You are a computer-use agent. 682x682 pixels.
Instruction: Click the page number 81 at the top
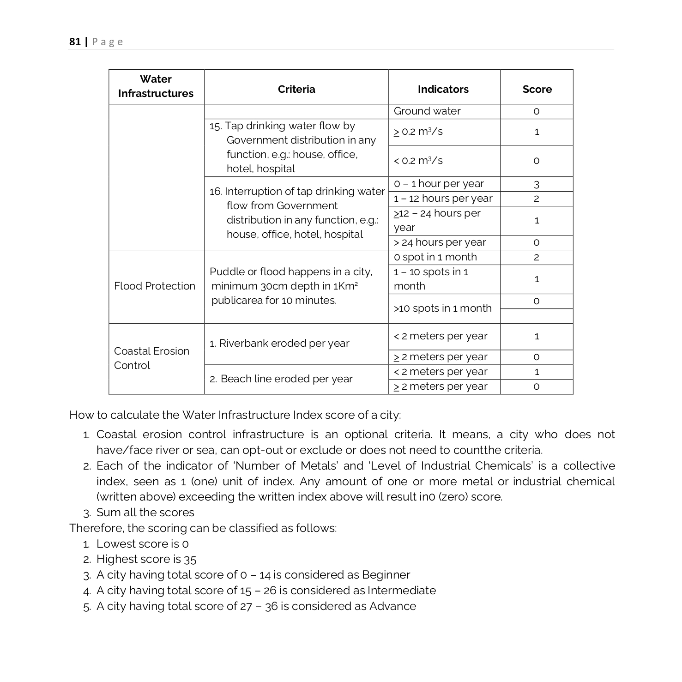pyautogui.click(x=75, y=42)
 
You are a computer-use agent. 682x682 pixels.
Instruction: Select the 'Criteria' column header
pyautogui.click(x=296, y=89)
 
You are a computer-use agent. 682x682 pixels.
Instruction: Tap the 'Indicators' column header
pyautogui.click(x=443, y=89)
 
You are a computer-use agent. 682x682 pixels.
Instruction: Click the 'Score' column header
pyautogui.click(x=537, y=89)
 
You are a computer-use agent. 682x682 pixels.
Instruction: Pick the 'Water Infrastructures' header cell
pyautogui.click(x=156, y=86)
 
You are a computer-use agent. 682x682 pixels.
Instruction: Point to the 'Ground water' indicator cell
pyautogui.click(x=427, y=111)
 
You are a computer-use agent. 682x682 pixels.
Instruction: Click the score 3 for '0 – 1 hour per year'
pyautogui.click(x=537, y=184)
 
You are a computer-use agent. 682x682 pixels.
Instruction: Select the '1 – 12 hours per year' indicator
pyautogui.click(x=443, y=199)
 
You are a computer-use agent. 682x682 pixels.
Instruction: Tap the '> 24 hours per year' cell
pyautogui.click(x=440, y=242)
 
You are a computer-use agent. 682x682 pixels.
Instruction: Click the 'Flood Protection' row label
pyautogui.click(x=155, y=286)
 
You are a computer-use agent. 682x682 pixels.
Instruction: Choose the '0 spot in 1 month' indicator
pyautogui.click(x=435, y=257)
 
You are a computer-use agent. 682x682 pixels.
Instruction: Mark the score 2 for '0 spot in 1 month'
pyautogui.click(x=537, y=257)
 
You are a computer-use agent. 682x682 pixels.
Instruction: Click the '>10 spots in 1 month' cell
pyautogui.click(x=442, y=308)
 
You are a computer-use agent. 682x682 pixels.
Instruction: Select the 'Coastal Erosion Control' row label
pyautogui.click(x=151, y=358)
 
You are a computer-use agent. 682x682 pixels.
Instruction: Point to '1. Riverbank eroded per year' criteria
pyautogui.click(x=279, y=344)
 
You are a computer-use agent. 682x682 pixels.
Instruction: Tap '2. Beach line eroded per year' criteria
pyautogui.click(x=281, y=379)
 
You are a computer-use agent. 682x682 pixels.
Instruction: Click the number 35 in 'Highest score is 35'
pyautogui.click(x=190, y=560)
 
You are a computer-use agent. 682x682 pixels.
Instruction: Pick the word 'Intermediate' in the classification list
pyautogui.click(x=401, y=591)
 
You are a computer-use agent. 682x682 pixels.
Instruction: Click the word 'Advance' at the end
pyautogui.click(x=392, y=606)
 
